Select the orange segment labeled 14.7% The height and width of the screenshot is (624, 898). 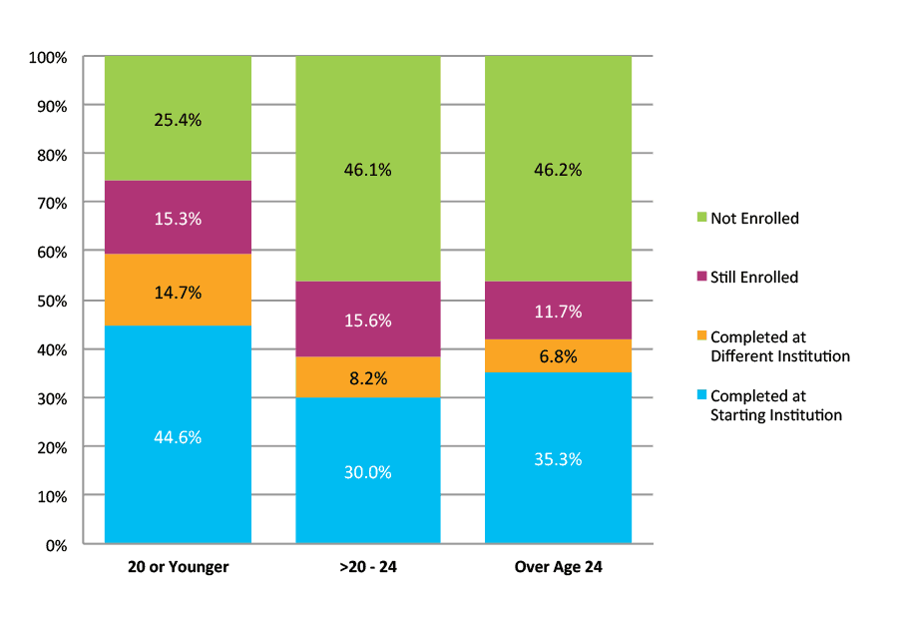178,293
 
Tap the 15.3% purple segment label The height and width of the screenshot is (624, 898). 178,219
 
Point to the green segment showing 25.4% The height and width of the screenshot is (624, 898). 178,120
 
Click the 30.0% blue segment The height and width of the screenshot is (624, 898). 367,471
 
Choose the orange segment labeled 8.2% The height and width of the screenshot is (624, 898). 367,378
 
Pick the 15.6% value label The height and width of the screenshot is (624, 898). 367,320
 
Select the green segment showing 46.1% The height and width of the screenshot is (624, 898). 367,170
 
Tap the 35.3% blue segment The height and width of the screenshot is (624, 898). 558,459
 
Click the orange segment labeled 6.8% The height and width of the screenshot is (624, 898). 558,356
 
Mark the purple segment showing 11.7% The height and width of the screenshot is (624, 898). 558,312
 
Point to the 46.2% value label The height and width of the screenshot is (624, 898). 558,170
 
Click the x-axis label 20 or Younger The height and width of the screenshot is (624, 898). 178,567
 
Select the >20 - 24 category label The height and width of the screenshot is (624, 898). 367,567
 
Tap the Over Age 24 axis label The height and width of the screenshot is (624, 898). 558,567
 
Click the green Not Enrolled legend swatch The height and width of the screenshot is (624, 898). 701,218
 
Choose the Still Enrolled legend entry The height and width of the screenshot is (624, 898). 753,278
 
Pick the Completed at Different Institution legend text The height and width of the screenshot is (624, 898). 779,346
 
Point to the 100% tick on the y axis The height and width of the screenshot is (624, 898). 48,57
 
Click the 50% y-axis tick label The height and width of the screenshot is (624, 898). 51,302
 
